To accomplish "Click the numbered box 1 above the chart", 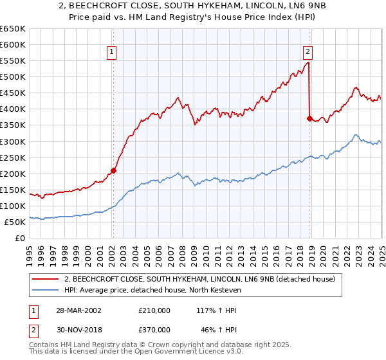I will (x=112, y=53).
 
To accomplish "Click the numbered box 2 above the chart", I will (x=308, y=53).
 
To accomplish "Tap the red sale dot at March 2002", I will (x=114, y=170).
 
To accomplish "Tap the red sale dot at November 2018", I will (x=309, y=118).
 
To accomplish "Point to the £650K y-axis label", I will (x=13, y=29).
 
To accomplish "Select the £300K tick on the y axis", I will (x=13, y=141).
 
